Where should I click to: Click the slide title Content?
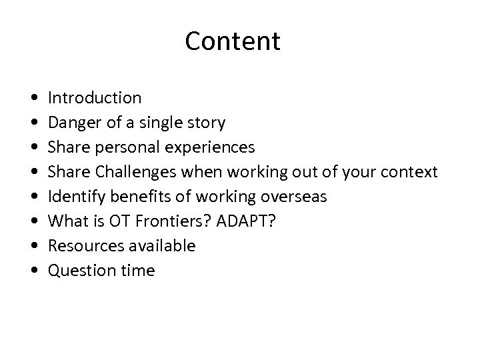(x=233, y=41)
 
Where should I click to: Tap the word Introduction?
(x=94, y=98)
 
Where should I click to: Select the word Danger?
(x=73, y=123)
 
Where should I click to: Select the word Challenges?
(x=133, y=172)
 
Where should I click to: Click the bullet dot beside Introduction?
(x=33, y=99)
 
